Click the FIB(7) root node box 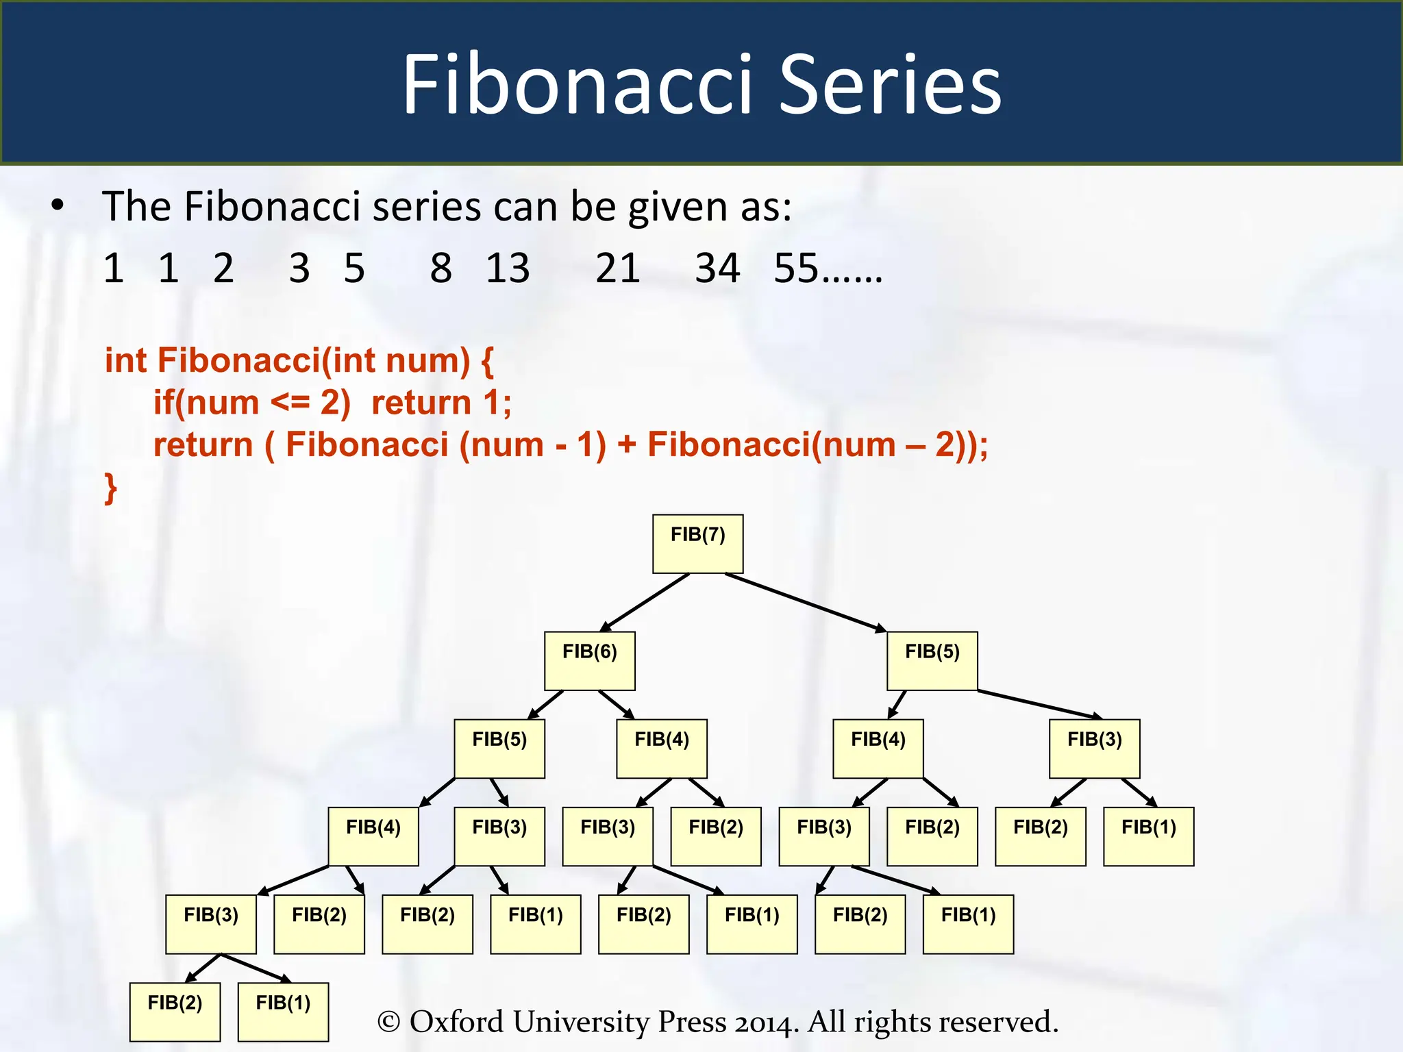697,544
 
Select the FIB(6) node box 589,661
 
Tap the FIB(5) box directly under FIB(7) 932,661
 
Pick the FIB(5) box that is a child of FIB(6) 499,749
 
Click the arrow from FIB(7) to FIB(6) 644,603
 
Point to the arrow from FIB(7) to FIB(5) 805,602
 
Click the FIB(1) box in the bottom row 283,1012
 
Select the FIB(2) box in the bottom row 175,1012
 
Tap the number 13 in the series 508,268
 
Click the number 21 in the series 617,268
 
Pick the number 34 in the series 717,268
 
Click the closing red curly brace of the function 110,488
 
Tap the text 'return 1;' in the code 441,403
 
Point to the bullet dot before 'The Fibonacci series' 58,205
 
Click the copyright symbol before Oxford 388,1022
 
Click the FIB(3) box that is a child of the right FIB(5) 1094,749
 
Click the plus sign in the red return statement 626,444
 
